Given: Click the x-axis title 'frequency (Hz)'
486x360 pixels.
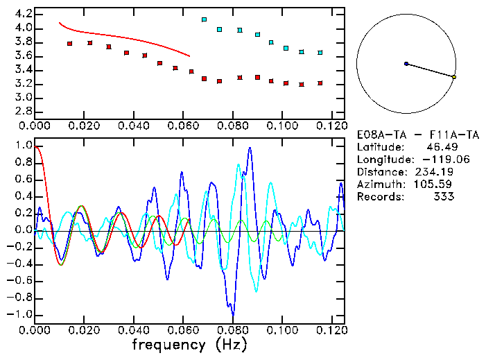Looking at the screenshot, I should (189, 344).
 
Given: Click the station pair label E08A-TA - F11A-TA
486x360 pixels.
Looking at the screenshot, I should (405, 134).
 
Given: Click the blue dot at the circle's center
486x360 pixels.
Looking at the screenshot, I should (406, 64).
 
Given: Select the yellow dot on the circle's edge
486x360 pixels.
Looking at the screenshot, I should (453, 77).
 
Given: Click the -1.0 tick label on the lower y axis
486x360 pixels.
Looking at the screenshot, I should (19, 314).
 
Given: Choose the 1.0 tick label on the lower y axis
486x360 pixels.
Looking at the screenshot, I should (23, 146).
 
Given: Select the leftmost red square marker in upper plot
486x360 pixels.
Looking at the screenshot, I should (69, 44).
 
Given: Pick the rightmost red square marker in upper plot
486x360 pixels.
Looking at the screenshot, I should (320, 83).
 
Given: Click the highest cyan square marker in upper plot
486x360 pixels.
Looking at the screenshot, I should (204, 19).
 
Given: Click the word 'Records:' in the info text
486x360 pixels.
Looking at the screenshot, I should (379, 196).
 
